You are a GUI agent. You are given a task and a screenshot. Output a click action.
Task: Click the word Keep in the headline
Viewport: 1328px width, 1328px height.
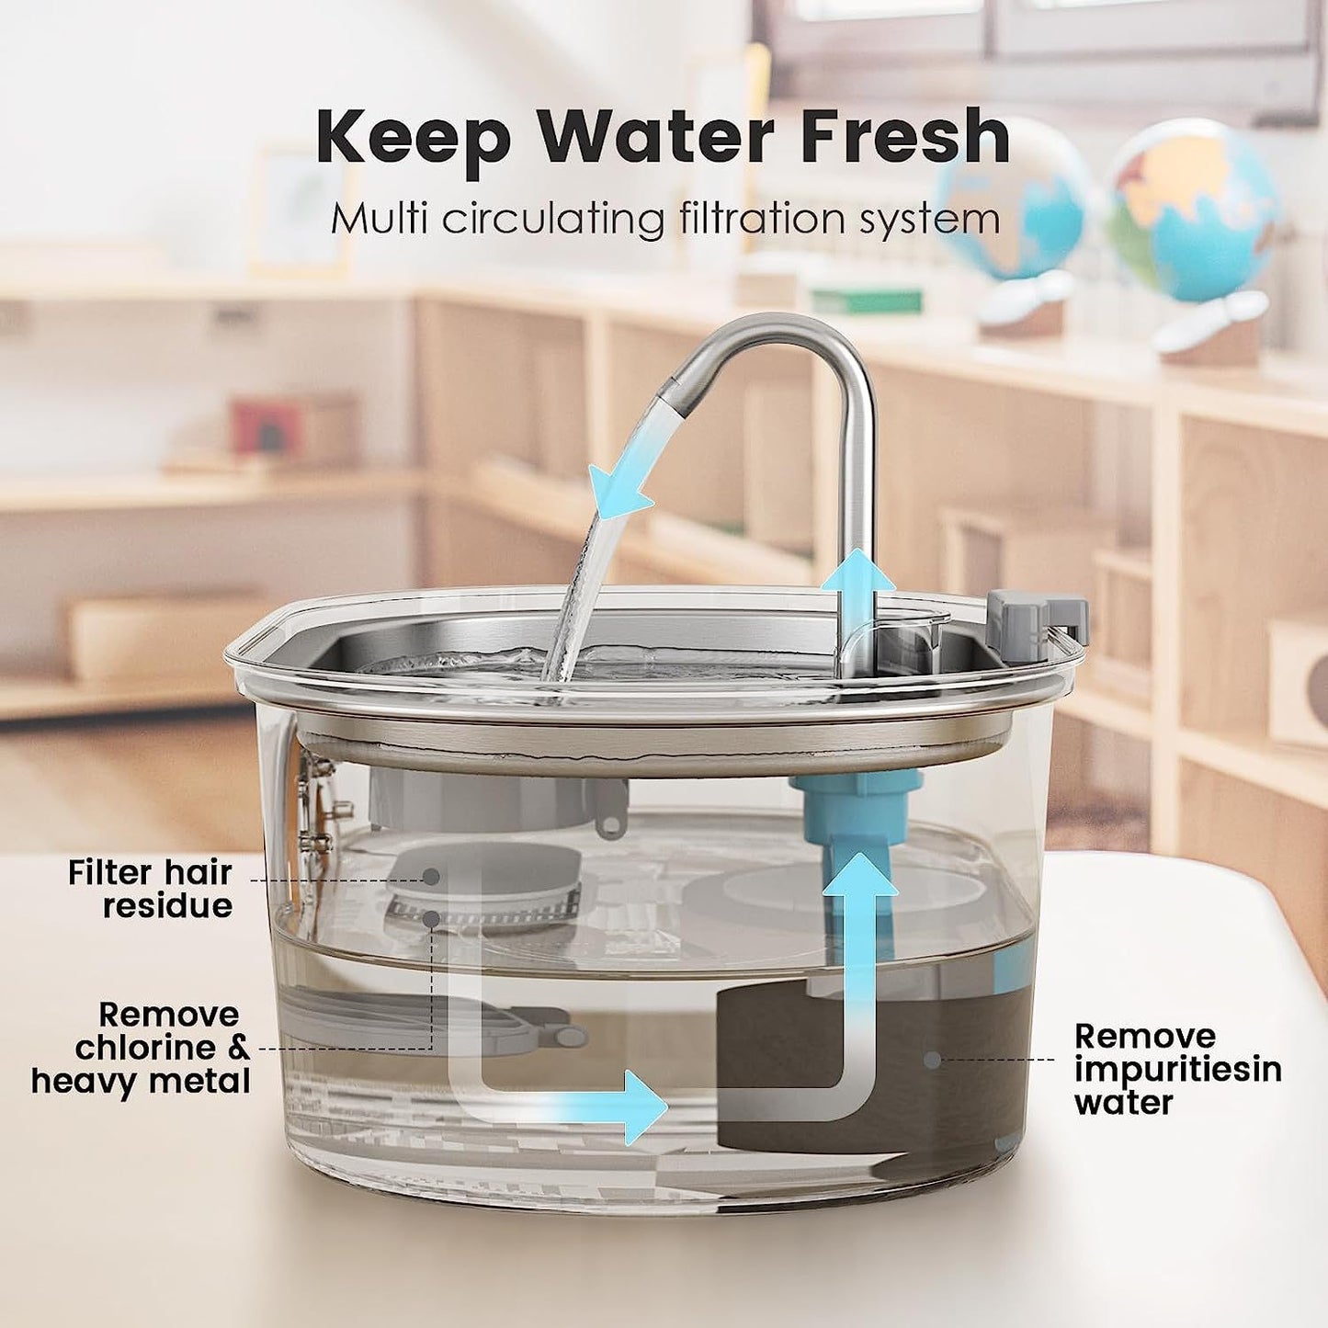pos(413,139)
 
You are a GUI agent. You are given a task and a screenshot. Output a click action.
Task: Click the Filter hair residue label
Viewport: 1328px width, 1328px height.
pos(151,889)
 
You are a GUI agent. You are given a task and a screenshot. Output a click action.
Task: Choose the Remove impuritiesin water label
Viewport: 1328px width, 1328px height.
pos(1177,1069)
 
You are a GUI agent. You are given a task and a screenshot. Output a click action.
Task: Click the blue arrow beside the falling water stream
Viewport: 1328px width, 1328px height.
pos(618,494)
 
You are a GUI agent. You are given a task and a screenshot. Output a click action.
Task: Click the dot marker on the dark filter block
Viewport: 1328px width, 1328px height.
pos(932,1060)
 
